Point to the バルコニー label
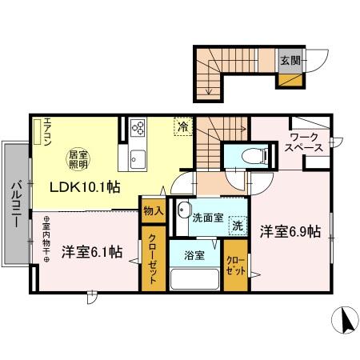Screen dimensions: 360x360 pyautogui.click(x=14, y=206)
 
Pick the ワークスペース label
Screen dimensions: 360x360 pyautogui.click(x=306, y=142)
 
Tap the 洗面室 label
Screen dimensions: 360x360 pyautogui.click(x=207, y=217)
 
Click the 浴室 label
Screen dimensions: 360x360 pyautogui.click(x=195, y=255)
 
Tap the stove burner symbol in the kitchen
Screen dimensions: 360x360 pyautogui.click(x=136, y=128)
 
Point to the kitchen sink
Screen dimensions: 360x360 pyautogui.click(x=136, y=157)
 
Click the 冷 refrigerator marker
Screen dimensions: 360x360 pyautogui.click(x=183, y=126)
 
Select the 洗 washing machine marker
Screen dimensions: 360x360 pyautogui.click(x=238, y=226)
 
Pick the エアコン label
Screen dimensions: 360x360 pyautogui.click(x=47, y=133)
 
